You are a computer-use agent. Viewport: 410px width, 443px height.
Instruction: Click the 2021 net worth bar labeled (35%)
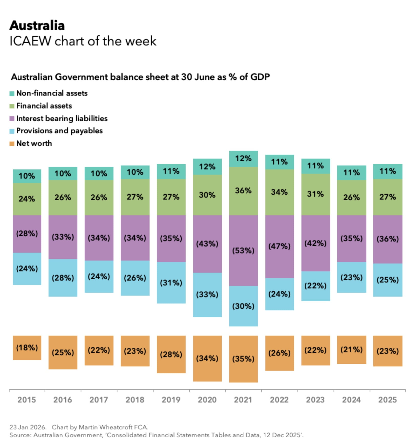[x=243, y=359]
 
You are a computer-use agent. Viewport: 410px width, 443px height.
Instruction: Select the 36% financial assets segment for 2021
[x=243, y=191]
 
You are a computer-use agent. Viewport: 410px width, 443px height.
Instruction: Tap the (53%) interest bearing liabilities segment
[x=243, y=250]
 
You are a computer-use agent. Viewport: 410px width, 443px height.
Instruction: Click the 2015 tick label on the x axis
[x=27, y=400]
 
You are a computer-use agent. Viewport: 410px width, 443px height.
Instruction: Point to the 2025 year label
[x=387, y=400]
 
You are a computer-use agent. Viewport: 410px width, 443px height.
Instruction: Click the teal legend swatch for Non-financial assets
[x=12, y=93]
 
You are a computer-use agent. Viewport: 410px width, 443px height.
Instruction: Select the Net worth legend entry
[x=34, y=143]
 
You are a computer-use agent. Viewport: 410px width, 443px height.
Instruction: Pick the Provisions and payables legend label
[x=59, y=131]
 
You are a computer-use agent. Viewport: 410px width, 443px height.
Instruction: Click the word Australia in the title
[x=37, y=26]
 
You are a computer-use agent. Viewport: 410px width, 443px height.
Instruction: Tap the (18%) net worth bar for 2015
[x=27, y=347]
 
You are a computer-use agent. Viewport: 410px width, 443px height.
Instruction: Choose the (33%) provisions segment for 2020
[x=207, y=294]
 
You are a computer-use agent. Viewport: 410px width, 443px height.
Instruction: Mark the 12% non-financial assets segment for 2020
[x=207, y=167]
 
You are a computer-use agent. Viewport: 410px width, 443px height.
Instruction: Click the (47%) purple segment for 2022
[x=279, y=246]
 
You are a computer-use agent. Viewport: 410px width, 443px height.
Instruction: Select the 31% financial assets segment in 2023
[x=315, y=194]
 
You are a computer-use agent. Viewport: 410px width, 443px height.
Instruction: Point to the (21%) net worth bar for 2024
[x=351, y=350]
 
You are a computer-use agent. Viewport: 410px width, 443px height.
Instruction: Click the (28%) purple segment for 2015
[x=27, y=234]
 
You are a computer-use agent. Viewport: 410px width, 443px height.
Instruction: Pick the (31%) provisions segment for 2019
[x=171, y=283]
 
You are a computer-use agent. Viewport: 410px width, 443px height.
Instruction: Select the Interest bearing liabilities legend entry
[x=61, y=119]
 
